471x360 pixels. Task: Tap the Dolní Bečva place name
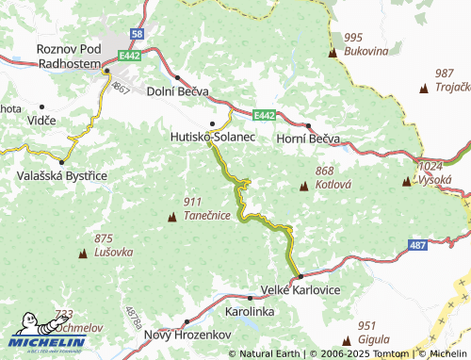click(x=178, y=91)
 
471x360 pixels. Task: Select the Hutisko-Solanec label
click(x=212, y=138)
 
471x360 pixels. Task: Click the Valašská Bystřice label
click(x=61, y=175)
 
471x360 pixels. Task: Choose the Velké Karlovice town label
click(x=300, y=290)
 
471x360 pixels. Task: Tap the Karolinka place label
click(x=250, y=309)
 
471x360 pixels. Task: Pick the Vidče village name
click(x=41, y=121)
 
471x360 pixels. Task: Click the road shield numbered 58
click(x=138, y=34)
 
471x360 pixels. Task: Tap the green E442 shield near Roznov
click(x=130, y=57)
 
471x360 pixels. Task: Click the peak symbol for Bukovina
click(x=332, y=53)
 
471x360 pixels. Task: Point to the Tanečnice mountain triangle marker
click(x=171, y=219)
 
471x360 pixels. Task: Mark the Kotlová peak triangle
click(x=303, y=187)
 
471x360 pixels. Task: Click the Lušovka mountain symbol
click(x=82, y=254)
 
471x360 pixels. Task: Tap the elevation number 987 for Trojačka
click(x=445, y=73)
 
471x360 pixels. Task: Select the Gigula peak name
click(x=374, y=338)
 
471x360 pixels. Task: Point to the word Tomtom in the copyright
click(x=393, y=353)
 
